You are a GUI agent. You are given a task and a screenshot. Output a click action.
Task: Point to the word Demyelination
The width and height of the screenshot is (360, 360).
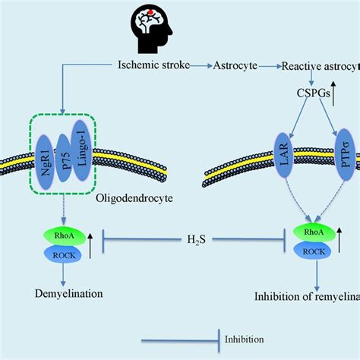point(52,292)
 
